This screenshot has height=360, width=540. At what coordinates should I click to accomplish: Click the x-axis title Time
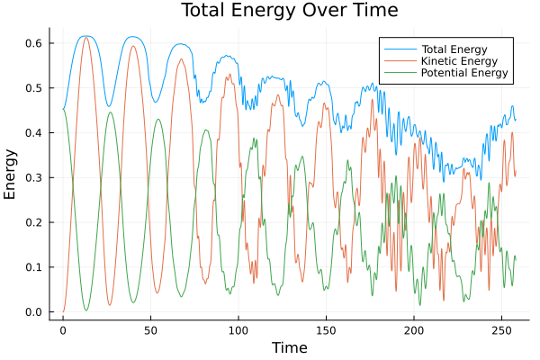290,347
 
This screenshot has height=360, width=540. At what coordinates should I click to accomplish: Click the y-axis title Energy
11,174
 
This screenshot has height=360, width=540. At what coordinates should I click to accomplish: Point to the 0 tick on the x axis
63,330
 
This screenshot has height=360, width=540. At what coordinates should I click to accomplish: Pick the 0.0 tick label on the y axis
35,312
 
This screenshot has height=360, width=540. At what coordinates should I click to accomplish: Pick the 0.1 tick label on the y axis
35,267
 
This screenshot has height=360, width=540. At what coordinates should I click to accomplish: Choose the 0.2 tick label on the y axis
35,222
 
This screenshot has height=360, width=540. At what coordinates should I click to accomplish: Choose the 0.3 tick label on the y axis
35,177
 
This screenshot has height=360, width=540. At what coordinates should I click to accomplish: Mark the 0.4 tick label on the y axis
35,132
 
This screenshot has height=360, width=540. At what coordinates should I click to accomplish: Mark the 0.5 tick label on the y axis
35,87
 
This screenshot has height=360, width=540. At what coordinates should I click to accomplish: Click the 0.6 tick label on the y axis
35,42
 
